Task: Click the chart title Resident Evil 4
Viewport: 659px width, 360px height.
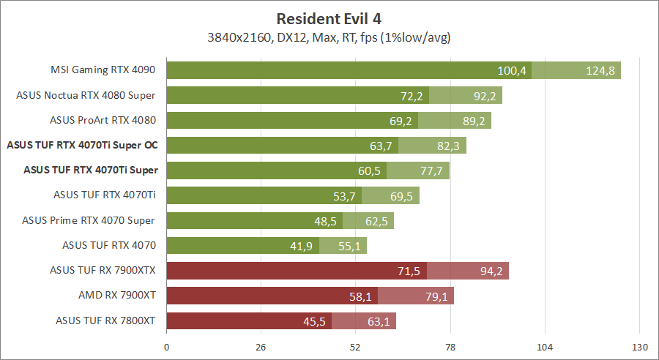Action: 329,18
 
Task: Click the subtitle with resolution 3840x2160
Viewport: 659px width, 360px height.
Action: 329,37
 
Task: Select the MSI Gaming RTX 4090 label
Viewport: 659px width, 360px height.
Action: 104,70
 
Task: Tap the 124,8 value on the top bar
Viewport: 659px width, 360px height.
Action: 601,71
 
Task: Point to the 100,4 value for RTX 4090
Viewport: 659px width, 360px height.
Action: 512,71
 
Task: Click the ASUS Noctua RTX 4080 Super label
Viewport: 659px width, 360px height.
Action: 87,95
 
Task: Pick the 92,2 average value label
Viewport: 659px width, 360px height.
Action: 483,96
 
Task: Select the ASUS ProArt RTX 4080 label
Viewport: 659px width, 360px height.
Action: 103,120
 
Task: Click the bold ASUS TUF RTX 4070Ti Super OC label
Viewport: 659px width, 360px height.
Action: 82,145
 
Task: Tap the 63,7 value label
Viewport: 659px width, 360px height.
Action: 381,146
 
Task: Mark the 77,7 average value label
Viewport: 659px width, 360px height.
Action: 430,170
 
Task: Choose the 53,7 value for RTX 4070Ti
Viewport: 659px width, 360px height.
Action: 344,195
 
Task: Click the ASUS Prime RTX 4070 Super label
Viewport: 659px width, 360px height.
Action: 89,220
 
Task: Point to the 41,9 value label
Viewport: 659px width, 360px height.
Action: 302,246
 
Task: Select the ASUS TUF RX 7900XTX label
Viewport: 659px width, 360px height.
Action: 103,269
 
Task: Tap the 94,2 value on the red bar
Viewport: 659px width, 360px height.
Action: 489,271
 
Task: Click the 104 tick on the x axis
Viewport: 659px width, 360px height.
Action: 545,346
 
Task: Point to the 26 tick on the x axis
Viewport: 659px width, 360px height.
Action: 261,346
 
